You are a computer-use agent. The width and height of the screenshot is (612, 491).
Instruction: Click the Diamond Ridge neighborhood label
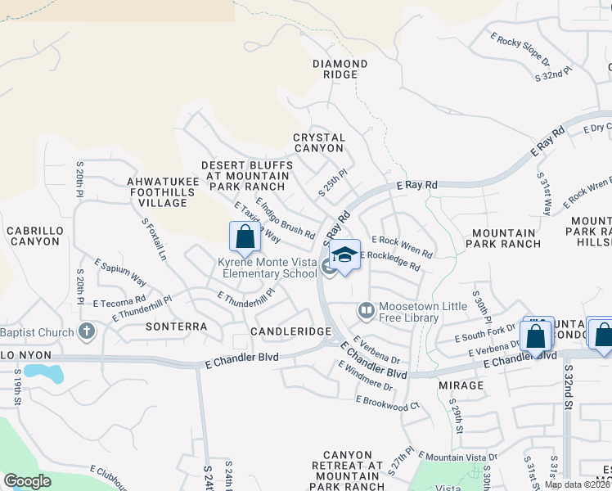340,69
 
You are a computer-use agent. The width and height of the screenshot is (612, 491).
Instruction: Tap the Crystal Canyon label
319,143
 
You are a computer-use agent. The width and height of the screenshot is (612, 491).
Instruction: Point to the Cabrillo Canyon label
34,236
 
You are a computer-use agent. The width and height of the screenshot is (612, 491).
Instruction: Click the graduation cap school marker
345,255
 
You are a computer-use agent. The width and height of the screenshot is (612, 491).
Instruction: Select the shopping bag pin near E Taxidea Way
245,237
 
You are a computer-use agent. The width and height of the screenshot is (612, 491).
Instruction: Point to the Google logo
27,481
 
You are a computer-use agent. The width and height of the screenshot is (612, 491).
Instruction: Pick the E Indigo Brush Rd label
285,218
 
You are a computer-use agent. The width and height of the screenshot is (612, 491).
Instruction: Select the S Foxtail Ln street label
154,239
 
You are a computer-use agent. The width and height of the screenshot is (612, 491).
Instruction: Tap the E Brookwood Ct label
387,402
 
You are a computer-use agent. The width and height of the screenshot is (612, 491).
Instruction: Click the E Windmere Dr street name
364,375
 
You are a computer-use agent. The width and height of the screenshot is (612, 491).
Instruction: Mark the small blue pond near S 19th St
43,372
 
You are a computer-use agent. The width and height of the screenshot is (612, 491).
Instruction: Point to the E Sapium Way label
120,271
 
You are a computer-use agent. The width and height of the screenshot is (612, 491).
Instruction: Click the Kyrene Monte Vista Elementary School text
266,268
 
